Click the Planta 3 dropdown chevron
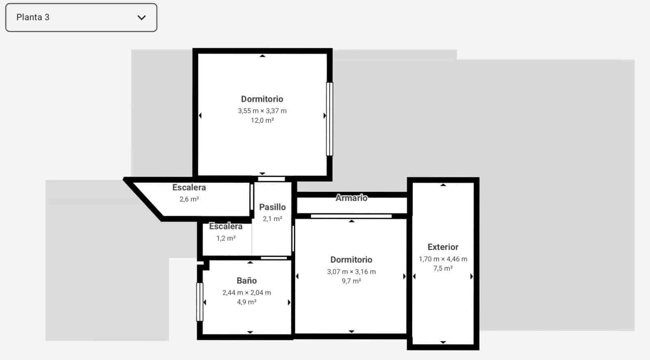(141, 17)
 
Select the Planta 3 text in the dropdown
(33, 17)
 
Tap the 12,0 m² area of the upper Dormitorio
(262, 121)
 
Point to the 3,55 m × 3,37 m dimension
(262, 111)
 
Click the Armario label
(351, 198)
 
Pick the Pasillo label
(272, 207)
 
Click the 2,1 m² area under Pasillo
(272, 219)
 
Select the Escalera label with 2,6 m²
(189, 188)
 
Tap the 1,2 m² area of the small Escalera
(226, 238)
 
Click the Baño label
(247, 281)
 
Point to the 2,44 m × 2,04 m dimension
(247, 293)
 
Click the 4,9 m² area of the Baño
(247, 302)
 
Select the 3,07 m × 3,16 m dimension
(351, 272)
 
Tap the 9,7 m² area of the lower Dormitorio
(351, 281)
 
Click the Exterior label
(443, 247)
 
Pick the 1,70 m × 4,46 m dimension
(443, 259)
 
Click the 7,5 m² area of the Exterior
(443, 269)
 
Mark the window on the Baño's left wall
(199, 302)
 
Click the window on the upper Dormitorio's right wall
(329, 119)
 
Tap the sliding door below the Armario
(351, 216)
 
